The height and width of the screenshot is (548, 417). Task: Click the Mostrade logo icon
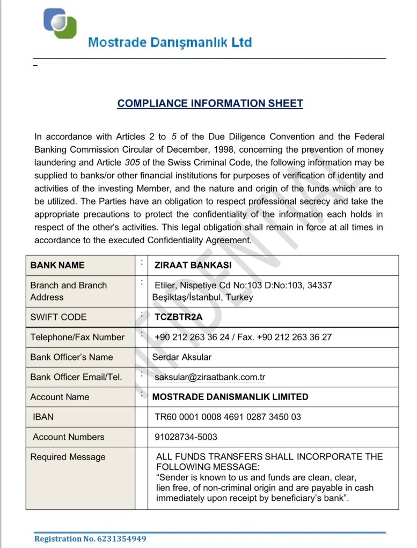[60, 24]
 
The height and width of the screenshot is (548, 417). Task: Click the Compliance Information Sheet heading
[210, 103]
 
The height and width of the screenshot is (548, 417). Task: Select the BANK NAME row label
[57, 265]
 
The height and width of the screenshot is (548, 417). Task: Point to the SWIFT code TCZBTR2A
[179, 317]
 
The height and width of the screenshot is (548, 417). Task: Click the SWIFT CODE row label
[58, 317]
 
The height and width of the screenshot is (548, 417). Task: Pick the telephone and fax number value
[243, 337]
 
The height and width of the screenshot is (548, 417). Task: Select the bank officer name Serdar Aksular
[182, 357]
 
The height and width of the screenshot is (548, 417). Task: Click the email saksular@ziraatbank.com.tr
[210, 377]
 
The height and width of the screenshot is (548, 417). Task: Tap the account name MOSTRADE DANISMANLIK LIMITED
[230, 397]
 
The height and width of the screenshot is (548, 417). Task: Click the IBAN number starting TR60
[228, 417]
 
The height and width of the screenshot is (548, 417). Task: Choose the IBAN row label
[43, 417]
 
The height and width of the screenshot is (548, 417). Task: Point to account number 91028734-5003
[186, 437]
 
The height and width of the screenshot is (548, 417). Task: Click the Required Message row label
[68, 457]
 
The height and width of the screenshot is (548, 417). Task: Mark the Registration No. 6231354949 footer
[90, 538]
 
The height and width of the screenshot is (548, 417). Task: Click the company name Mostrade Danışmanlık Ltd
[170, 42]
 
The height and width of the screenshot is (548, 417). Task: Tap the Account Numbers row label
[69, 437]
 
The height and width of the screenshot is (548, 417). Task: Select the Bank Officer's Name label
[71, 357]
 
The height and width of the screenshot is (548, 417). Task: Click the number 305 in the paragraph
[133, 162]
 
